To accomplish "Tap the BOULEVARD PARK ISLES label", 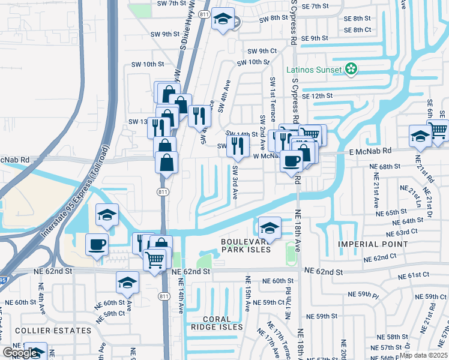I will (246, 245).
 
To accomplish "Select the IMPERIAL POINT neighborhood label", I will (372, 244).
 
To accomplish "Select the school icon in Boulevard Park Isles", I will (270, 227).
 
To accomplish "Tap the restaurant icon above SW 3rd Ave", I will (238, 145).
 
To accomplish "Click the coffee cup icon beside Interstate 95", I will (97, 244).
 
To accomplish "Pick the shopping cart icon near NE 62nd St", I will (155, 259).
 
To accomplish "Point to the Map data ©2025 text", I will (423, 355).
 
